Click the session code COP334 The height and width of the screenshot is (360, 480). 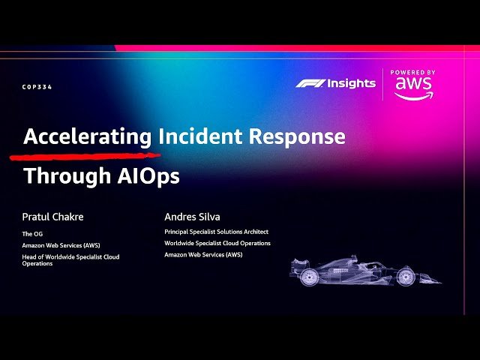coord(37,87)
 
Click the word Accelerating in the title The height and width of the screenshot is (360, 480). coord(88,136)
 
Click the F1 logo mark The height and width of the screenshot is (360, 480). coord(308,83)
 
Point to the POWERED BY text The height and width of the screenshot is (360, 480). coord(413,73)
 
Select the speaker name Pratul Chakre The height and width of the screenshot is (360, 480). coord(52,217)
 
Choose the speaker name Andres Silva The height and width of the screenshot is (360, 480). coord(193,217)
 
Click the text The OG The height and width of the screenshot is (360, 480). coord(32,233)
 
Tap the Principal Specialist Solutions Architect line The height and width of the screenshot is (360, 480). coord(216,232)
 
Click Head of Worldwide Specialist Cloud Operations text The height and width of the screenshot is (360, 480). coord(70,260)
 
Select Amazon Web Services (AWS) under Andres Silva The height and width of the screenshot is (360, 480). coord(203,254)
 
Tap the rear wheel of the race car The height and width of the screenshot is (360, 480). coord(309,277)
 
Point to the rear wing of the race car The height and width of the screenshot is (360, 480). coord(296,265)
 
